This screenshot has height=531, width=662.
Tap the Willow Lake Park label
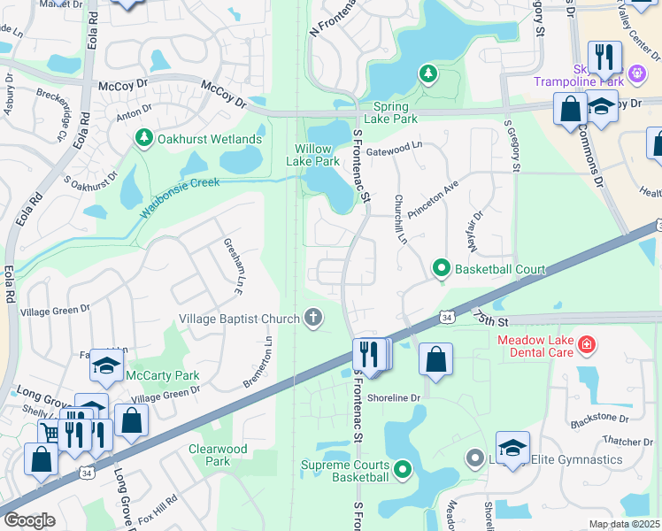(312, 155)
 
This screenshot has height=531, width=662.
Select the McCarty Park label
(163, 375)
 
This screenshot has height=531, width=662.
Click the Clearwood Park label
(218, 455)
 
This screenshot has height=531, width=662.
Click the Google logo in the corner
(29, 520)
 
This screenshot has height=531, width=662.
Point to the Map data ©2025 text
(624, 524)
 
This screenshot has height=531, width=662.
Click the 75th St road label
(493, 317)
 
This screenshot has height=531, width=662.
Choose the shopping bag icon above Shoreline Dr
(435, 359)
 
